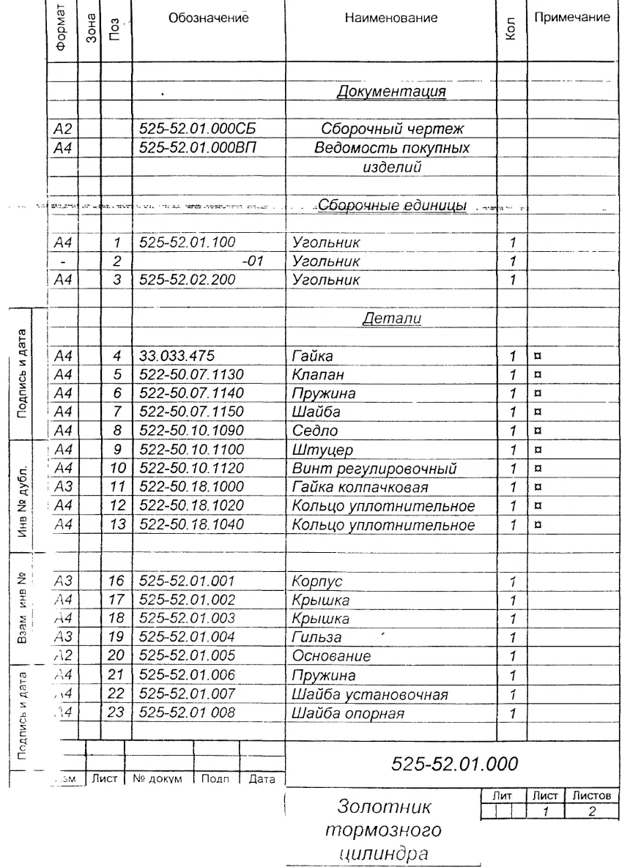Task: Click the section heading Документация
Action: pos(391,92)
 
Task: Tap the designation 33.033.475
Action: pos(177,357)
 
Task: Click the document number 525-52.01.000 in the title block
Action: pos(456,764)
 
